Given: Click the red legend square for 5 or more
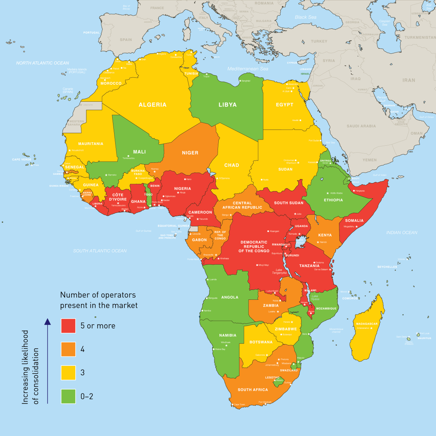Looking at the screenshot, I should [68, 326].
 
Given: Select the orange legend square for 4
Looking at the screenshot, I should [68, 349].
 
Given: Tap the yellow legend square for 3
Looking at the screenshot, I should [68, 373].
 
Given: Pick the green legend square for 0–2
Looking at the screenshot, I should [68, 396].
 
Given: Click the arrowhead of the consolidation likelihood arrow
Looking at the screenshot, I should [47, 321].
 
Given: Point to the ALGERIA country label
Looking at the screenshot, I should [153, 105].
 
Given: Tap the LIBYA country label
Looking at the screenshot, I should [227, 105].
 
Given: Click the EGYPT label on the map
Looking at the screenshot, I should [284, 105].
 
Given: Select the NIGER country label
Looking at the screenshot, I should [190, 153].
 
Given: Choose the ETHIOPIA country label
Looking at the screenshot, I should [333, 200].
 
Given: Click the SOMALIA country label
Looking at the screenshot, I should [354, 221].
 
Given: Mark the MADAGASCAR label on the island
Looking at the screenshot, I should [367, 324].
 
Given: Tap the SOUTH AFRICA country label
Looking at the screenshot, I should [253, 389].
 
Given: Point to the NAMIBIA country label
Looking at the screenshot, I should [228, 335].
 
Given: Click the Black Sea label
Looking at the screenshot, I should [306, 17].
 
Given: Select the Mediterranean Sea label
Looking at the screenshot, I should [248, 69].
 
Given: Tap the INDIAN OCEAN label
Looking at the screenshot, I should [402, 233].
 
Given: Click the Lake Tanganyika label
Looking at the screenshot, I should [279, 271].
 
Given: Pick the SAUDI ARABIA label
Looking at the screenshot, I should [361, 126].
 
